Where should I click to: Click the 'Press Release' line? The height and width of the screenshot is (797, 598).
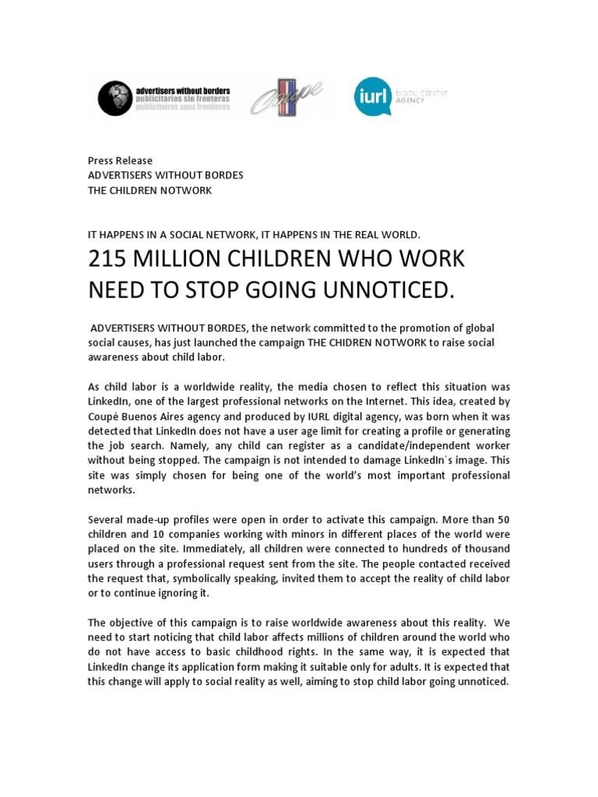[120, 160]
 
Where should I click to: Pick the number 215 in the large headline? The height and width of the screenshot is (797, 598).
[111, 260]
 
